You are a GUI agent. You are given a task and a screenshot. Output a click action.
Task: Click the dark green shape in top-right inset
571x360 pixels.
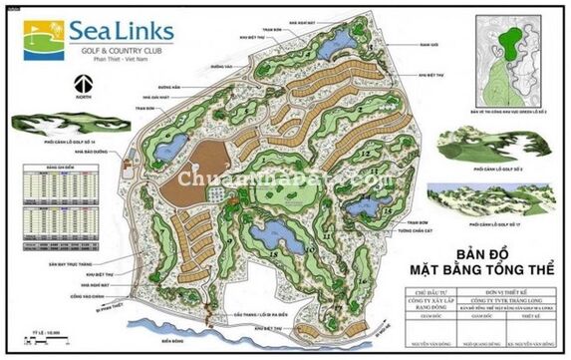pyautogui.click(x=511, y=42)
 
